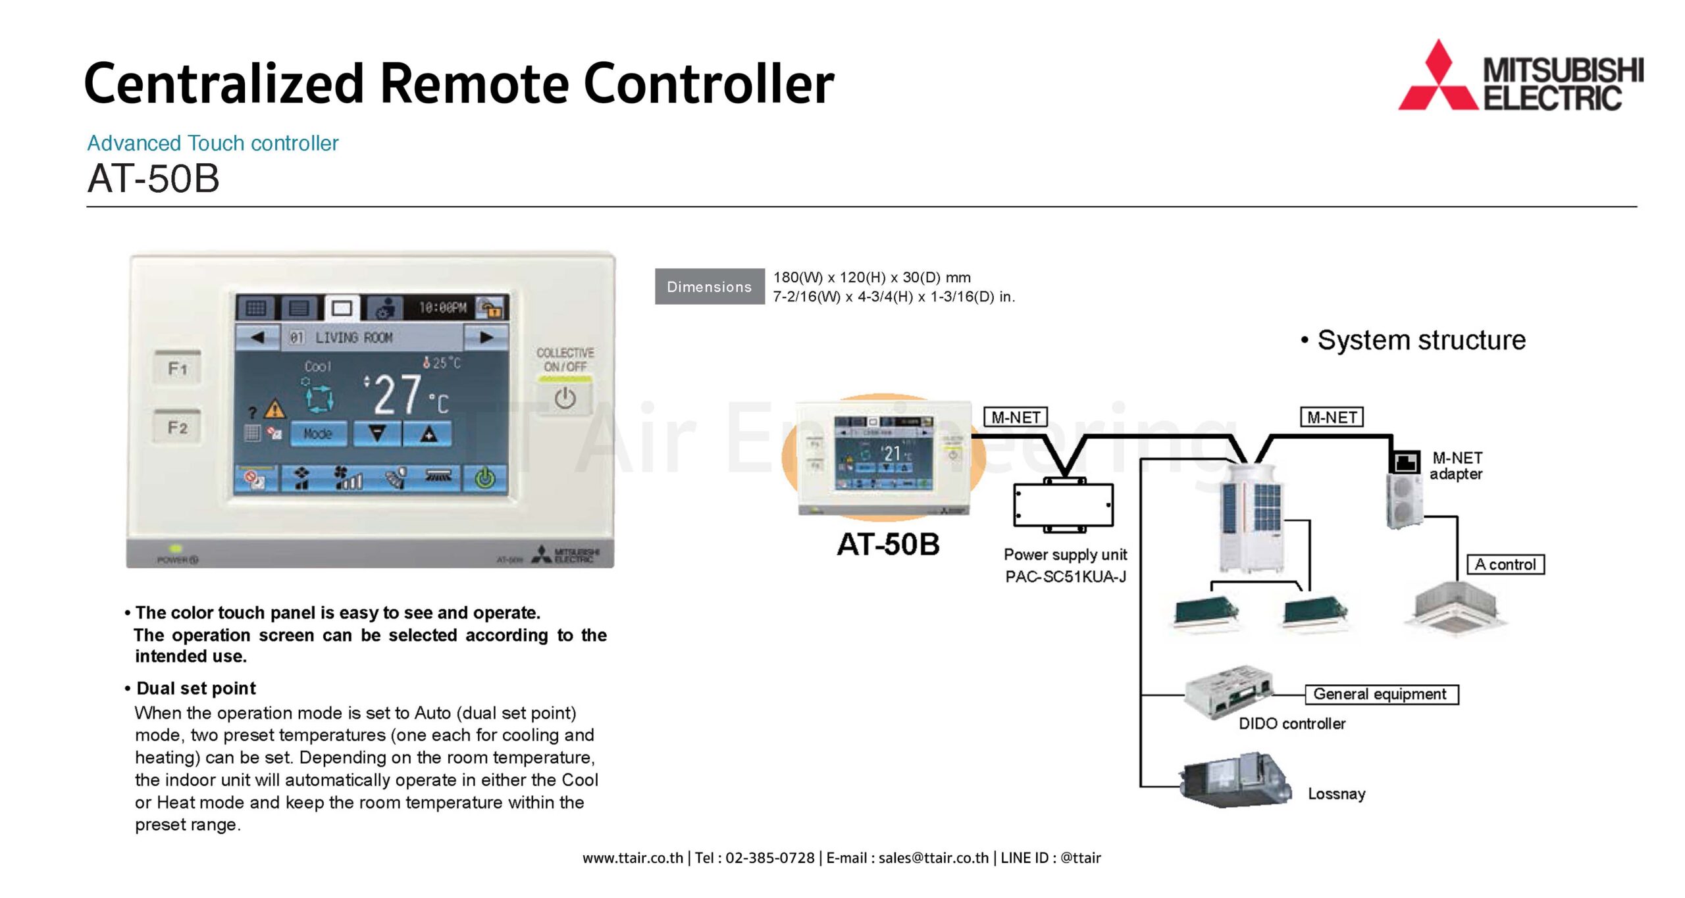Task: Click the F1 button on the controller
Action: (178, 368)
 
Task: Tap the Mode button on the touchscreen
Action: (318, 434)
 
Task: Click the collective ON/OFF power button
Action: (565, 399)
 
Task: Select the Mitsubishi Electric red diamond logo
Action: (1438, 79)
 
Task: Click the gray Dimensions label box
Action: (709, 287)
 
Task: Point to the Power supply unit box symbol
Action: (1064, 505)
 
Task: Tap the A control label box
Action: (1505, 564)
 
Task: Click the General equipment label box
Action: (1381, 694)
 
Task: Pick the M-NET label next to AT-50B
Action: (1015, 417)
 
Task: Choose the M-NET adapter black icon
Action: (1405, 461)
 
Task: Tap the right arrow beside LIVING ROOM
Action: (486, 337)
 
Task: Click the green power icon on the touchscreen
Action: (485, 478)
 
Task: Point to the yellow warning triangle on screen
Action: (274, 410)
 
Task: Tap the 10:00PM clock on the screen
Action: (442, 307)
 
